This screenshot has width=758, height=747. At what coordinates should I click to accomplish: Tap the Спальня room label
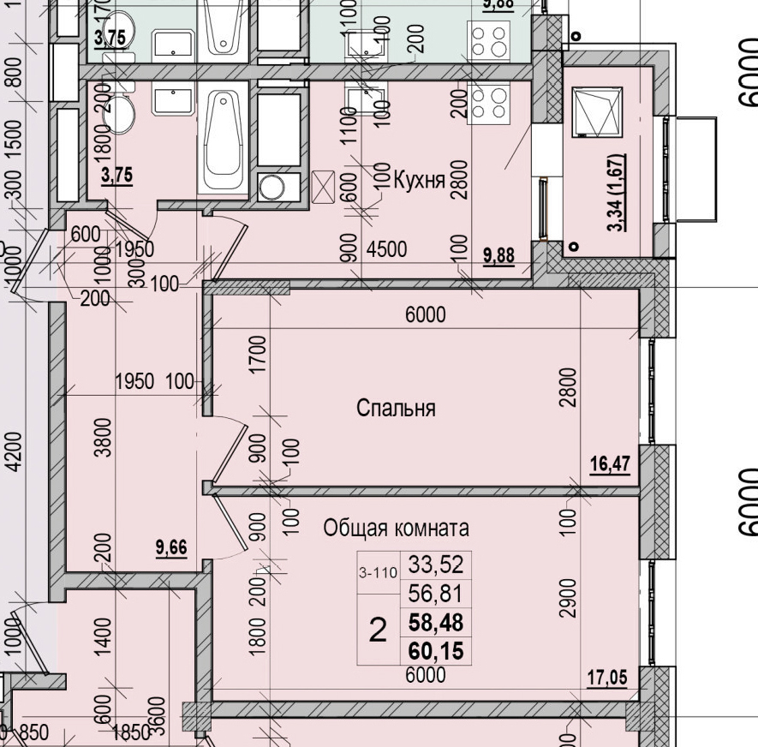coord(396,409)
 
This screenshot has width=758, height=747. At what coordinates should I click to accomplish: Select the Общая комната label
coord(396,529)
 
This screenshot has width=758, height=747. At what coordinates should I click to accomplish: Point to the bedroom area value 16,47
coord(610,464)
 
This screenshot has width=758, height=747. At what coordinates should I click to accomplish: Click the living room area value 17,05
coord(606,678)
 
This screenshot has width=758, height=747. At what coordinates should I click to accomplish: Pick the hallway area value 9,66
coord(171,547)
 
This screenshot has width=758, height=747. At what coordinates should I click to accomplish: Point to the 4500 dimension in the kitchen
coord(386,250)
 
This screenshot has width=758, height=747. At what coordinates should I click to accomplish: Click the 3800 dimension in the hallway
coord(104,436)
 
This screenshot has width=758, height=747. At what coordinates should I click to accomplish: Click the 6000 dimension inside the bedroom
coord(426,315)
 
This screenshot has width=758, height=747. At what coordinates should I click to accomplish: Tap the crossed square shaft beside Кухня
coord(325,186)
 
